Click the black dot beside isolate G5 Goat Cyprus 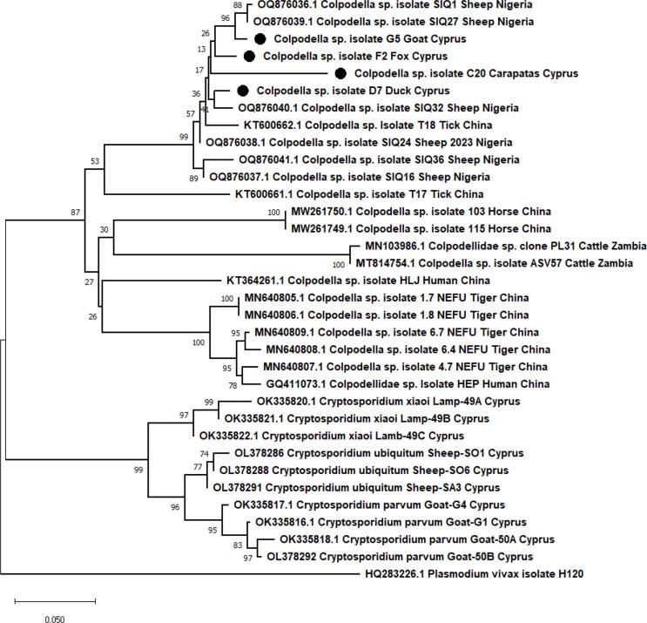(259, 39)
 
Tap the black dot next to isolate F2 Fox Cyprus (249, 57)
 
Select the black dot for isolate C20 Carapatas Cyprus (340, 74)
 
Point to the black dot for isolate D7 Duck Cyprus (243, 91)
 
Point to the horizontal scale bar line (54, 600)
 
